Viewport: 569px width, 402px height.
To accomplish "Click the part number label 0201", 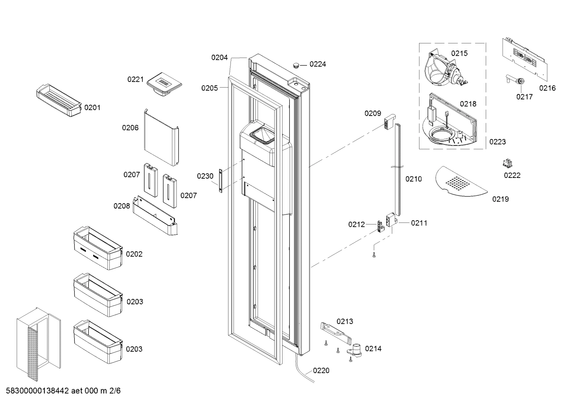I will point(92,107).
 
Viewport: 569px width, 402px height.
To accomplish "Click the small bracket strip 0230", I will point(221,180).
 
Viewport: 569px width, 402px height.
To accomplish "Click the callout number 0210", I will point(414,179).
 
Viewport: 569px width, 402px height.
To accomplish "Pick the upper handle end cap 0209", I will point(389,121).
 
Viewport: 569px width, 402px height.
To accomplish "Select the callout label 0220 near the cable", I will point(321,370).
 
